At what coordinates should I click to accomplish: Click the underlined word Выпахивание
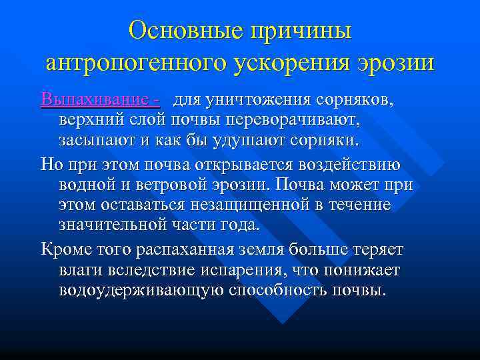pyautogui.click(x=93, y=100)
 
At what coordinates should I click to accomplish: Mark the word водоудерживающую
pyautogui.click(x=141, y=290)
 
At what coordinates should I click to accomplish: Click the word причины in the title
pyautogui.click(x=306, y=31)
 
